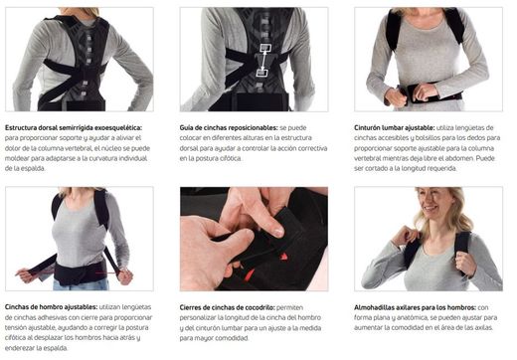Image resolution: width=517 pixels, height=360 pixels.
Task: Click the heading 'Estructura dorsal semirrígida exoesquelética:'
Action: pos(74,128)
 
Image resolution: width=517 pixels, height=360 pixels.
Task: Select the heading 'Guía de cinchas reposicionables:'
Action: pos(229,128)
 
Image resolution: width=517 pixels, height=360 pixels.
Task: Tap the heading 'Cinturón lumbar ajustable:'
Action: pos(395,128)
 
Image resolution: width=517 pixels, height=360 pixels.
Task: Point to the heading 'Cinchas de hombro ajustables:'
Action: pos(51,307)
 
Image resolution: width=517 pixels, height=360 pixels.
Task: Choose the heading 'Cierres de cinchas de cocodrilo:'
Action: pos(227,307)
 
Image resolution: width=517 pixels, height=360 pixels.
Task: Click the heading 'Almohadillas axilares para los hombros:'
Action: pos(415,307)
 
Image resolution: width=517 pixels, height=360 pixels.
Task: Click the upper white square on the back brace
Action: pos(265,48)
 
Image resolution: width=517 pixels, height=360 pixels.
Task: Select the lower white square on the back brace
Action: pos(261,72)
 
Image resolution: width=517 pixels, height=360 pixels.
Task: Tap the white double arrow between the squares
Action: pos(263,60)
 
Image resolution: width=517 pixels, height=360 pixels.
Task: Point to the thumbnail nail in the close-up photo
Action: pos(278,232)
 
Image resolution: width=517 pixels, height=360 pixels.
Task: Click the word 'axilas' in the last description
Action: pos(482,328)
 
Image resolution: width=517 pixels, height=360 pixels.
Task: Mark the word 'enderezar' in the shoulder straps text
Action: pos(20,348)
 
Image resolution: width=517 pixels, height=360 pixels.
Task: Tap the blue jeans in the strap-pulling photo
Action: pos(82,285)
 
